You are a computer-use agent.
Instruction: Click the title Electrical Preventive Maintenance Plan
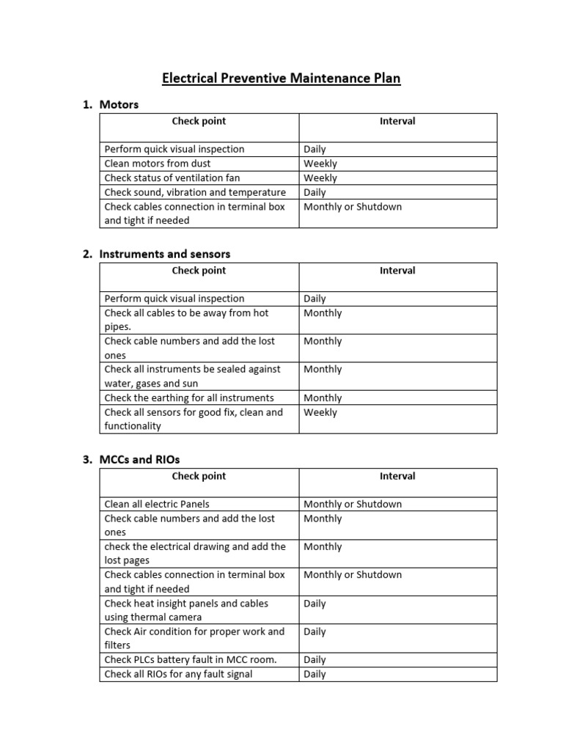click(281, 78)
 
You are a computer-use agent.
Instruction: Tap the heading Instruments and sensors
click(165, 254)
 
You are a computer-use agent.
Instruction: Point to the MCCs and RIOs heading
click(139, 459)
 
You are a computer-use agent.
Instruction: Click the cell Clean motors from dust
click(158, 164)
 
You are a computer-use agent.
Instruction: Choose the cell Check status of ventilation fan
click(172, 177)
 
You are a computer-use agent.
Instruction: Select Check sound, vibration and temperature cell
click(195, 192)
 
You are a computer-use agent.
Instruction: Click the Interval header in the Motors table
click(397, 121)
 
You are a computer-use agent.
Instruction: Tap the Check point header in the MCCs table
click(199, 476)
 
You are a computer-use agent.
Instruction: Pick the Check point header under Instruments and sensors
click(199, 271)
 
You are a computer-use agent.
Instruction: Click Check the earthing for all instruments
click(189, 398)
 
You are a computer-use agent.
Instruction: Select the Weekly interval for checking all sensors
click(320, 412)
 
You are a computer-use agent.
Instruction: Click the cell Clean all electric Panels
click(162, 504)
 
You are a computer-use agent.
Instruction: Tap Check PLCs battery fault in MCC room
click(191, 659)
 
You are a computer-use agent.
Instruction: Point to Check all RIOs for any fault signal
click(178, 674)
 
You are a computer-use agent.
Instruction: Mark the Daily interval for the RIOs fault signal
click(314, 674)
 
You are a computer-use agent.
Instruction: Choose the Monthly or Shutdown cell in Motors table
click(353, 207)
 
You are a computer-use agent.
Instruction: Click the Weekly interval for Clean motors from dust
click(320, 164)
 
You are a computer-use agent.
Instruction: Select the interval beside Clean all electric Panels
click(353, 504)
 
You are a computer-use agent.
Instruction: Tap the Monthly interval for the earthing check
click(323, 398)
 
